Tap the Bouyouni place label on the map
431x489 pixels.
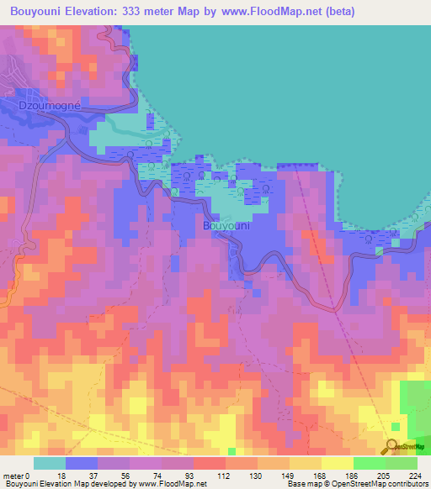click(x=226, y=226)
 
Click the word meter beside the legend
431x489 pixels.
click(x=15, y=476)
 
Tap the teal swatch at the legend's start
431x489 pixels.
click(x=49, y=463)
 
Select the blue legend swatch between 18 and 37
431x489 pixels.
click(x=82, y=463)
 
